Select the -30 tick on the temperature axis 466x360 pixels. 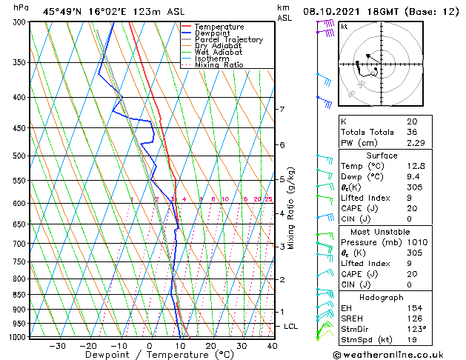(x=57, y=346)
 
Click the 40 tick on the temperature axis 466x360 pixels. (x=272, y=346)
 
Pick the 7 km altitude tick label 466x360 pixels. (x=282, y=110)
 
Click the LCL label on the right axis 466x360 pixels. (x=291, y=327)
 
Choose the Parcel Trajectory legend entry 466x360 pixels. (x=228, y=40)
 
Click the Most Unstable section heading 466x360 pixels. (x=376, y=231)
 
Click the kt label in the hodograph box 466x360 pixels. (x=344, y=27)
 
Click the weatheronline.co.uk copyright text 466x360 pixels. (x=399, y=354)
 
